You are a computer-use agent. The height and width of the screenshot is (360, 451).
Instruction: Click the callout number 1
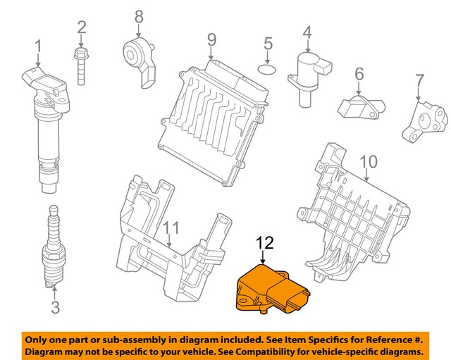[39, 47]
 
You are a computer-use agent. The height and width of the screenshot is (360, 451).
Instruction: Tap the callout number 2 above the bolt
[82, 27]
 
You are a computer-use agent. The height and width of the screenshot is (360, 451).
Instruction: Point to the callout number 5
[268, 44]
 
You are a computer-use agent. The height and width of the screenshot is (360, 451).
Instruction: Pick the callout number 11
[171, 228]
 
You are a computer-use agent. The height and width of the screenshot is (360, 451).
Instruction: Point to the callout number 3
[54, 306]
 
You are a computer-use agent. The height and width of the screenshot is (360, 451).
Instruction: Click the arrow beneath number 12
[264, 257]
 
